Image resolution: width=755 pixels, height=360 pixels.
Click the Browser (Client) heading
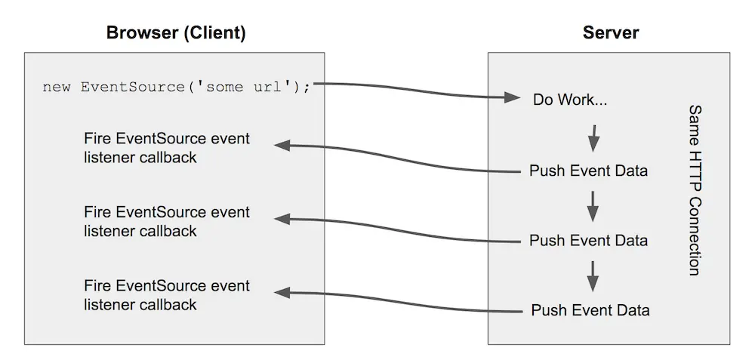175,33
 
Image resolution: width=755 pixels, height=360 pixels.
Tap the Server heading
610,33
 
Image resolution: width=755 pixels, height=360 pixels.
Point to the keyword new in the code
56,87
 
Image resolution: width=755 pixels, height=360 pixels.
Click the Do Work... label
570,100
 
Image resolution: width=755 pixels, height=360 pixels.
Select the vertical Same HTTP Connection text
695,190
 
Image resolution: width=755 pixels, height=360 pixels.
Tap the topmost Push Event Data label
588,171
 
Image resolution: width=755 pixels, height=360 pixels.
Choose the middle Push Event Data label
588,241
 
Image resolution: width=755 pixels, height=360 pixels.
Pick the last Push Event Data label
590,310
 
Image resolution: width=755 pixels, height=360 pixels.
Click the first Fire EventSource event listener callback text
167,149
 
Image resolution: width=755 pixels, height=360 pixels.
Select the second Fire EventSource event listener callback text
167,222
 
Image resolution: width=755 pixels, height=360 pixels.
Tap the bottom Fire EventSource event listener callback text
167,295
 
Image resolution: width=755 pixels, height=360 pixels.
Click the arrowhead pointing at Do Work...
513,98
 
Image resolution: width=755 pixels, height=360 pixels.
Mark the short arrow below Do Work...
594,137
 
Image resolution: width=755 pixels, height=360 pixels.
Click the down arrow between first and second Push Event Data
593,206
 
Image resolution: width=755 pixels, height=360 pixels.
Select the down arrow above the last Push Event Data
593,276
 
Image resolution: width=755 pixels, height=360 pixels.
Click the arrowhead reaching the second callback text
282,219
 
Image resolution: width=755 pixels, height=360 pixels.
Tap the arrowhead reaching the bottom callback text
282,292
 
